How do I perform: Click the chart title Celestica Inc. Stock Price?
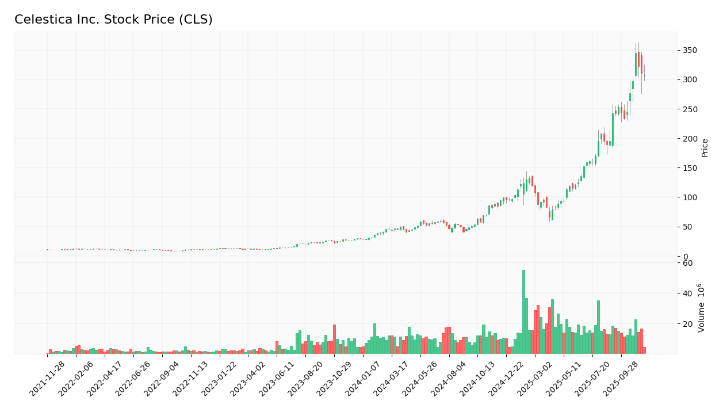[x=113, y=20]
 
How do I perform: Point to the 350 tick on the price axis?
[x=689, y=51]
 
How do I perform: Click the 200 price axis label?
[x=689, y=139]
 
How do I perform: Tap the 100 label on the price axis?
[x=689, y=197]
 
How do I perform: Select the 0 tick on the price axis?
[x=685, y=257]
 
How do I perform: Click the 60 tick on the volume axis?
[x=687, y=263]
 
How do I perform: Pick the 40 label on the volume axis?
[x=687, y=293]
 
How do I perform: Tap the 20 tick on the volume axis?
[x=687, y=324]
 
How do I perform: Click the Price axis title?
[x=705, y=148]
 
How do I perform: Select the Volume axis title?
[x=702, y=308]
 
